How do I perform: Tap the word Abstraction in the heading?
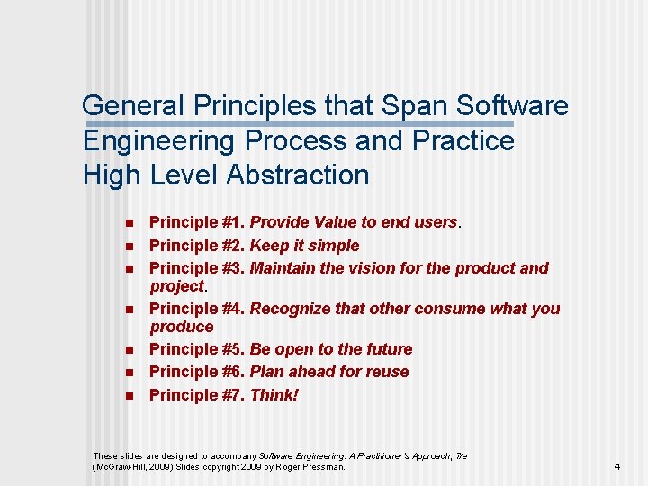(297, 175)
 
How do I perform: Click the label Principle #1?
(196, 222)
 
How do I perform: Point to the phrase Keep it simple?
(304, 246)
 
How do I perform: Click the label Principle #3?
(196, 268)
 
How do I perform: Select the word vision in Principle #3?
(355, 268)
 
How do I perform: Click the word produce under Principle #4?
(182, 327)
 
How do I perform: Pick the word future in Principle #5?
(385, 349)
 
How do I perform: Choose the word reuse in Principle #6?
(386, 372)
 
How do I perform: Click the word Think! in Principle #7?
(274, 395)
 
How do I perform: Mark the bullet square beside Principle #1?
(129, 223)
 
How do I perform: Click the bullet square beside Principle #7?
(129, 396)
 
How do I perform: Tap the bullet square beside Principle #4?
(129, 310)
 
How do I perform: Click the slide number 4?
(616, 466)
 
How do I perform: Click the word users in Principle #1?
(435, 222)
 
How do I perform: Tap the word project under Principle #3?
(177, 286)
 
